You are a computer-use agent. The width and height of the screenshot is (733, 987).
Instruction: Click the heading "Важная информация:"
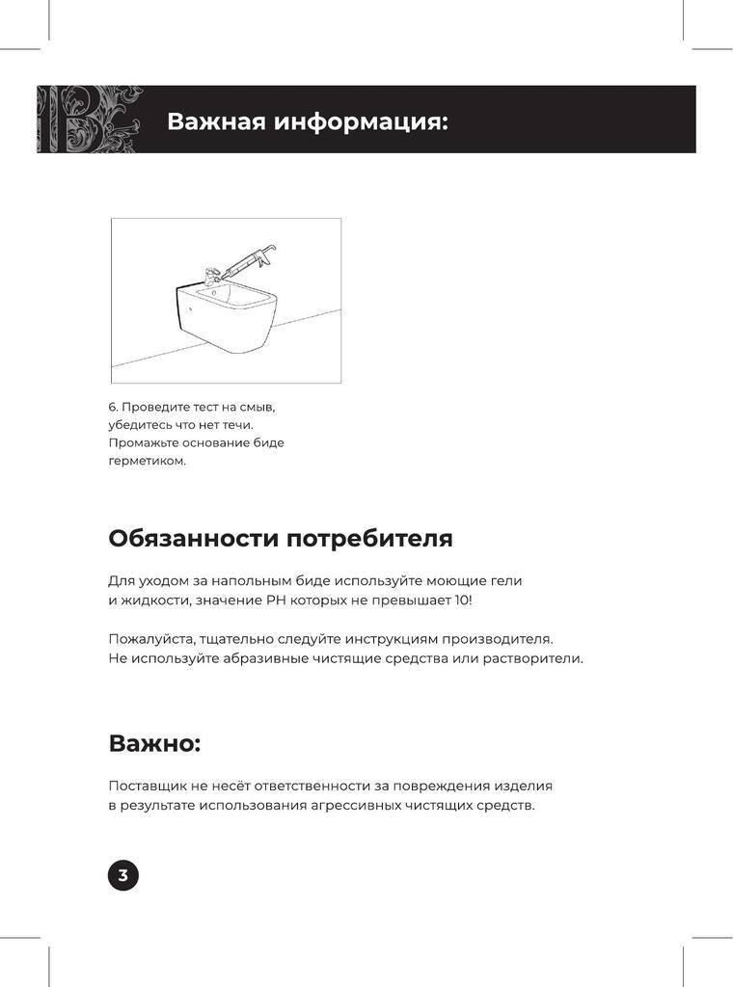pos(308,121)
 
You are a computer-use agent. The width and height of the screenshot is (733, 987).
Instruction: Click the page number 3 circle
pos(122,875)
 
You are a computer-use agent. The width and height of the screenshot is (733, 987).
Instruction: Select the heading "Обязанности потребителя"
pos(281,538)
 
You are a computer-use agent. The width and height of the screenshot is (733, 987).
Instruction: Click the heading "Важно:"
pos(154,743)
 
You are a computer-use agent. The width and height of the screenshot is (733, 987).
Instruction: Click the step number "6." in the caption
pos(113,407)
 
